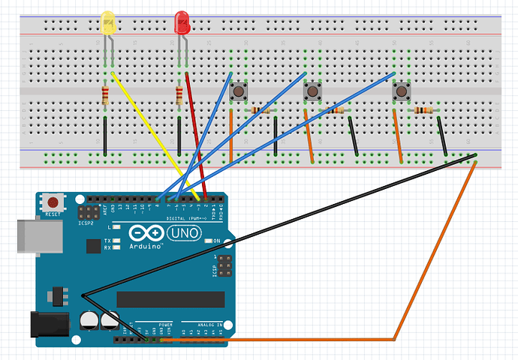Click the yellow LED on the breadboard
click(108, 23)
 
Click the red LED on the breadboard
click(182, 24)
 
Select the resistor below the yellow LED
click(105, 94)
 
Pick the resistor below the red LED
click(179, 95)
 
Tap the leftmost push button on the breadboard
click(239, 91)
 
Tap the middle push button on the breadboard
click(312, 92)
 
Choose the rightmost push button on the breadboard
click(402, 91)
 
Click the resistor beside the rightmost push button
click(424, 110)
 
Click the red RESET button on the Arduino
click(53, 201)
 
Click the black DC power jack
click(45, 324)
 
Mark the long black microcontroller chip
click(170, 298)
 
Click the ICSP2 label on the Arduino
click(86, 223)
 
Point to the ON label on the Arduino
click(216, 241)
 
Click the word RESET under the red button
click(53, 214)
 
